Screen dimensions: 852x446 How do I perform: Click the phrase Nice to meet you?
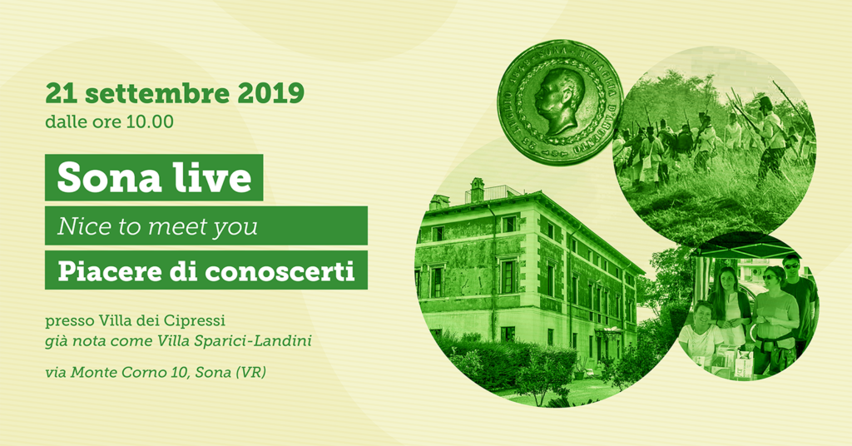click(x=157, y=226)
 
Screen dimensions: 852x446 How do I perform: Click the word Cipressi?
click(x=194, y=320)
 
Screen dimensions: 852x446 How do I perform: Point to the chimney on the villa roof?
click(x=477, y=190)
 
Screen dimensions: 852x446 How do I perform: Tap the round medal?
click(x=560, y=102)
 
